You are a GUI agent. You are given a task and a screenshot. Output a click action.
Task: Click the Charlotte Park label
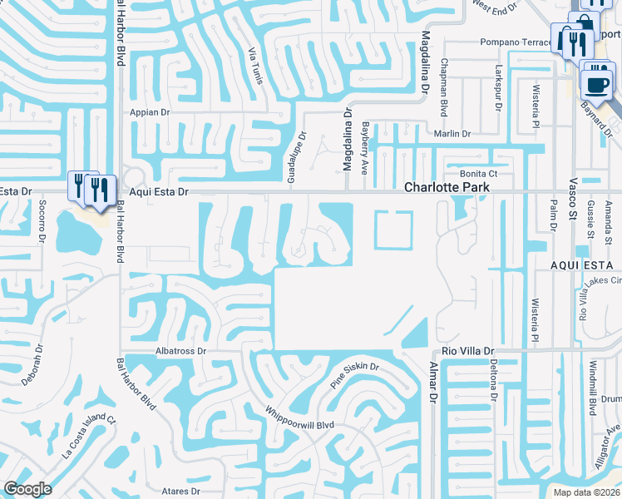pyautogui.click(x=446, y=188)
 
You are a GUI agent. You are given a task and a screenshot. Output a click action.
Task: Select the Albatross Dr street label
pyautogui.click(x=180, y=352)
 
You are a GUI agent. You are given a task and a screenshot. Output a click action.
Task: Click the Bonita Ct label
pyautogui.click(x=481, y=174)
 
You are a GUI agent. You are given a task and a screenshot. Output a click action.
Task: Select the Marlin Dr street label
pyautogui.click(x=450, y=134)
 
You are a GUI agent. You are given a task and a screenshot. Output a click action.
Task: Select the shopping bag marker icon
pyautogui.click(x=582, y=26)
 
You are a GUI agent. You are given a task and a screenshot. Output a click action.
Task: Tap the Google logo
pyautogui.click(x=27, y=489)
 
